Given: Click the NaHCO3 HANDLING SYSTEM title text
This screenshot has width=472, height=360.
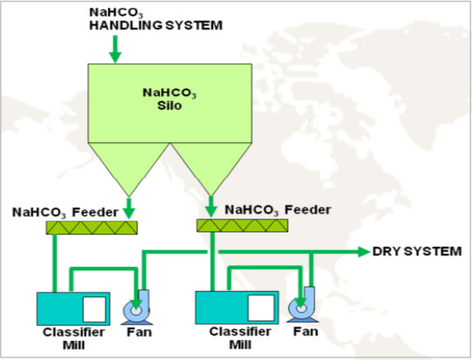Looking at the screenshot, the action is tap(156, 19).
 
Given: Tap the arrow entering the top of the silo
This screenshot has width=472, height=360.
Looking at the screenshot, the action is tap(115, 49).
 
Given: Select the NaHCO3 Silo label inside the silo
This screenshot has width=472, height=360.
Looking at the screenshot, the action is tap(170, 98).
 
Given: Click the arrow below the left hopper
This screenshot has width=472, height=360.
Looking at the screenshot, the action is tap(129, 208).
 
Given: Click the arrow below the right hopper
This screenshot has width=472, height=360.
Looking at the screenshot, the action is tap(211, 207).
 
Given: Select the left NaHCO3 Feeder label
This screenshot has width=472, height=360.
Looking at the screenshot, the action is tap(65, 213).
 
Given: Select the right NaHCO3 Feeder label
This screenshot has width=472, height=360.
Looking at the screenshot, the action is tap(278, 210).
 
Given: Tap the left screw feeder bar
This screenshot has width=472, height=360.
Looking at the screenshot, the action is tap(91, 228).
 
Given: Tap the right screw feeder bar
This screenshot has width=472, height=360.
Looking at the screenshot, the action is tap(242, 226).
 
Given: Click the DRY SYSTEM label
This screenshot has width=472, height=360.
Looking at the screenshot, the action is tap(417, 251).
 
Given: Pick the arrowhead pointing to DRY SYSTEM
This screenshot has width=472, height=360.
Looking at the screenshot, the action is tap(364, 252).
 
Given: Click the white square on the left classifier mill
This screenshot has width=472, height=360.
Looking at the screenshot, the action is tap(94, 309).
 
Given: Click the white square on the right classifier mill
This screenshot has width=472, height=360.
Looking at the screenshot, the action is tap(261, 308).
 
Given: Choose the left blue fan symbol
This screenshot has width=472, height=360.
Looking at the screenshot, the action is tap(137, 308).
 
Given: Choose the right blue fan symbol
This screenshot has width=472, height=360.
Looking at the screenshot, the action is tap(302, 305).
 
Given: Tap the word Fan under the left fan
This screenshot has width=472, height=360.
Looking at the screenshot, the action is tap(139, 332).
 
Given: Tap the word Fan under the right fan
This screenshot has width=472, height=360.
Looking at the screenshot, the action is tap(306, 331).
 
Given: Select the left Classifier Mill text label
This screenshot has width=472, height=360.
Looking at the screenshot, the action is tap(74, 338).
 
